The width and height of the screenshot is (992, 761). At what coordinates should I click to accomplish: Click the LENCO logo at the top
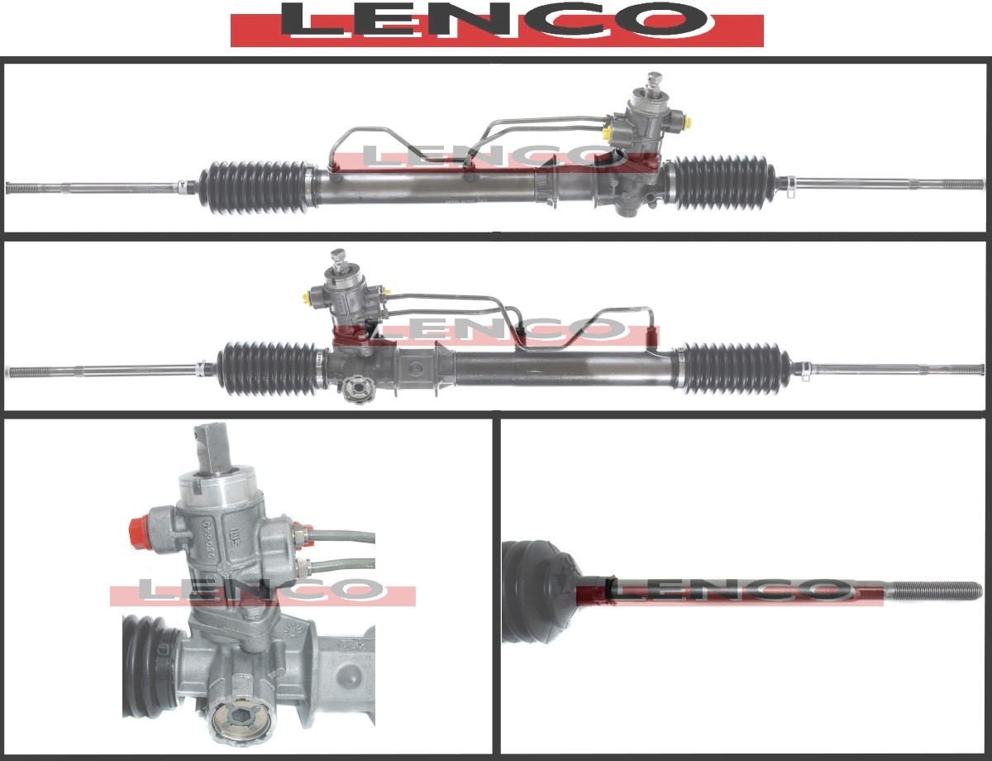click(496, 25)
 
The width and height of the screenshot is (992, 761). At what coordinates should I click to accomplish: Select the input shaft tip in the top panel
click(654, 79)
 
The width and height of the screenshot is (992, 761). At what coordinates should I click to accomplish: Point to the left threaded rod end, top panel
click(33, 187)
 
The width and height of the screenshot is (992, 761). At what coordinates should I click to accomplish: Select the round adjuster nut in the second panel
click(357, 388)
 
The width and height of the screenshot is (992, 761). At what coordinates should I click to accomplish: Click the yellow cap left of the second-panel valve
click(312, 297)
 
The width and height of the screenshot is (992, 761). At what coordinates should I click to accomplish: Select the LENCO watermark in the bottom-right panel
click(727, 591)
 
